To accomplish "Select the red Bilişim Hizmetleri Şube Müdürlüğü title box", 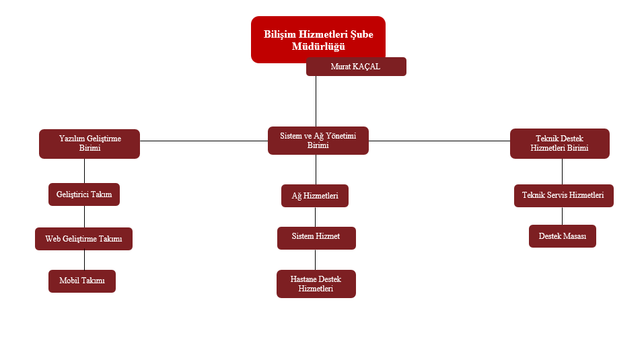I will [x=318, y=32].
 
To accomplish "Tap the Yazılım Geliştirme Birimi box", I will [x=90, y=143].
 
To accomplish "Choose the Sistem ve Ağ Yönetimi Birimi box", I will [x=318, y=141].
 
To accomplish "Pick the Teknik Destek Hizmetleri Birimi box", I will [x=559, y=143].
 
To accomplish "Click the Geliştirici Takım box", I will [x=84, y=194].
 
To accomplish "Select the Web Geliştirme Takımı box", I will [x=83, y=239].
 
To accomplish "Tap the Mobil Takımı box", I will [x=82, y=281].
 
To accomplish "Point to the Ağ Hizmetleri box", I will [x=315, y=196].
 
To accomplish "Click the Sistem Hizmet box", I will [x=316, y=238].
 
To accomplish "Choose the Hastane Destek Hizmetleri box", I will [x=316, y=284].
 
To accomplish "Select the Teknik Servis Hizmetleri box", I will [x=563, y=196].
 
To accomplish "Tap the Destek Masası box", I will [x=562, y=236].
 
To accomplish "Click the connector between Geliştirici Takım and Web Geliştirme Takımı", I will [x=84, y=217].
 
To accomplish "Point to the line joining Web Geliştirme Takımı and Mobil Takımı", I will [x=84, y=260].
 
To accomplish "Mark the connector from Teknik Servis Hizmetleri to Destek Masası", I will [x=563, y=216].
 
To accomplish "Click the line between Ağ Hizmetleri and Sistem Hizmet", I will [x=316, y=217].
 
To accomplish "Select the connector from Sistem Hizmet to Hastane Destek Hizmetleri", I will [x=316, y=260].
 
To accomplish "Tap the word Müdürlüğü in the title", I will [x=318, y=46].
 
